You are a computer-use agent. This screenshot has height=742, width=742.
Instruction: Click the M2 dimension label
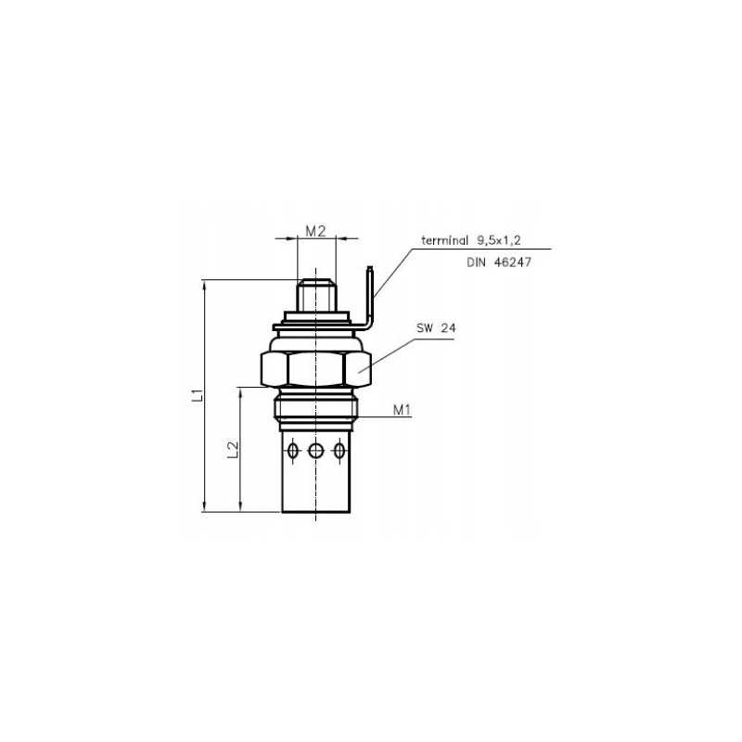316,231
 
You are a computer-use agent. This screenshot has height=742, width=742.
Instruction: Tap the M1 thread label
402,409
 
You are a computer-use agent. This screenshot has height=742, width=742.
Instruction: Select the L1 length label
197,396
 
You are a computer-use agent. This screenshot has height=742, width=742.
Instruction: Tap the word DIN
476,263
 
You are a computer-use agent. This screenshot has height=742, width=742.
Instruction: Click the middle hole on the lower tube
316,451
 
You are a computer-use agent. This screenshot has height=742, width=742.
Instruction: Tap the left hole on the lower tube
294,451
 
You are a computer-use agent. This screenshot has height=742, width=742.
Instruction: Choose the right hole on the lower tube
339,451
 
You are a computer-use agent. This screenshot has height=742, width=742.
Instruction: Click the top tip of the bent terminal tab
370,271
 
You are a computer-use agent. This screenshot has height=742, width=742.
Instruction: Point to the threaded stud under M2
316,297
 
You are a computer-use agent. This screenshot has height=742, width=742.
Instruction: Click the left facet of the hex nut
275,369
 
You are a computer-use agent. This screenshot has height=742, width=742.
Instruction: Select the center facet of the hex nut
316,369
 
